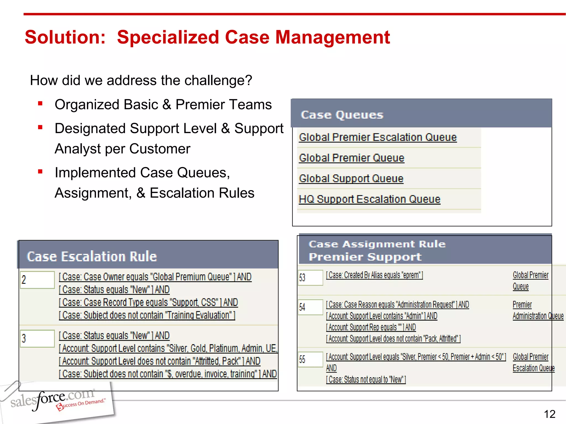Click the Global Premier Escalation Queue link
[378, 137]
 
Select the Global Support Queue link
[351, 179]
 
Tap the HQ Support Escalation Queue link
[369, 199]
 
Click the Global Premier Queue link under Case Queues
[351, 158]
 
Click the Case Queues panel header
[421, 114]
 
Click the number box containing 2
[37, 280]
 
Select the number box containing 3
[37, 338]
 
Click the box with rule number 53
[310, 277]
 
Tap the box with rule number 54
[310, 307]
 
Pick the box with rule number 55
[310, 359]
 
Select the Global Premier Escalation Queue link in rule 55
[533, 362]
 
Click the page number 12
[549, 414]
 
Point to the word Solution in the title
[65, 37]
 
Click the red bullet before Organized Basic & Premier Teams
[40, 104]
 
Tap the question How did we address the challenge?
[141, 81]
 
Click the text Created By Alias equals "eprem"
[374, 275]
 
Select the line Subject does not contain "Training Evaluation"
[147, 315]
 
